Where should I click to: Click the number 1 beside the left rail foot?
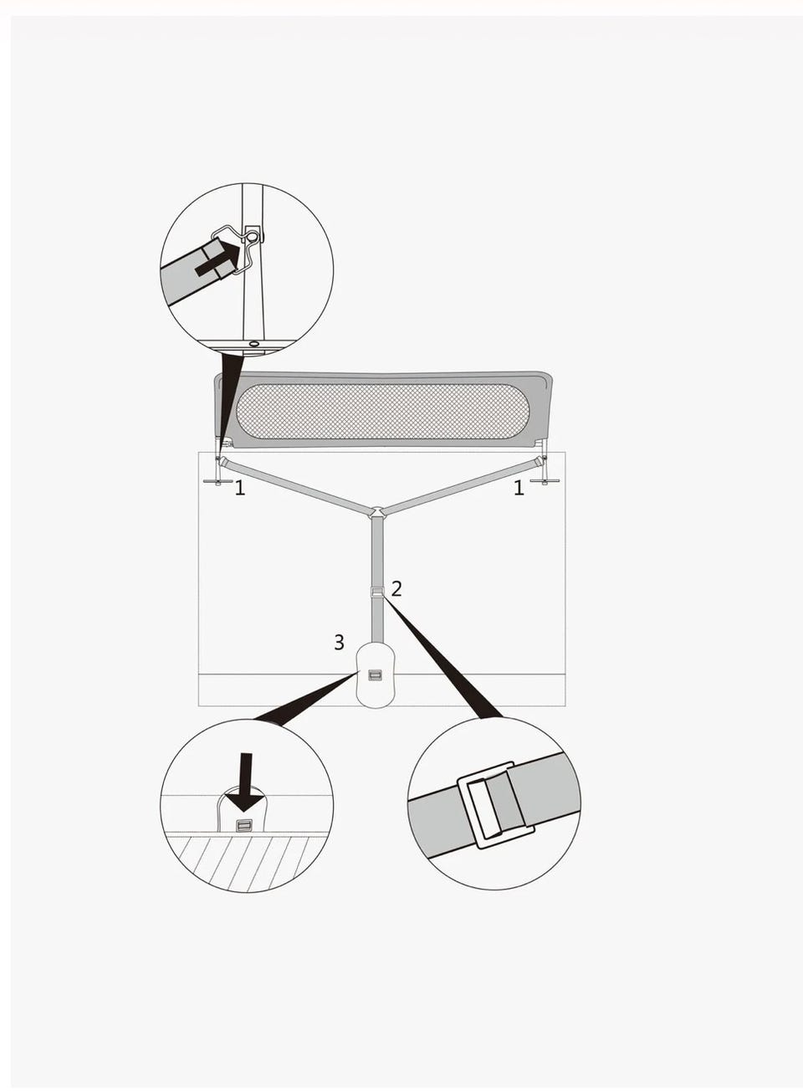pos(240,488)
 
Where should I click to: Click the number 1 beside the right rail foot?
pos(519,488)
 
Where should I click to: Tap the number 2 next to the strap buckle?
pos(396,589)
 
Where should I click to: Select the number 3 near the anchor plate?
pos(339,643)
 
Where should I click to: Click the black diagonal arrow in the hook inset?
pos(219,259)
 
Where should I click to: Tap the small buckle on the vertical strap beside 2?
pos(376,592)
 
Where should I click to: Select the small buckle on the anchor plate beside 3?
pos(375,675)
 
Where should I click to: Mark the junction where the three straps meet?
pos(377,511)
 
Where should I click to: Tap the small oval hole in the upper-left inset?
pos(255,343)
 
